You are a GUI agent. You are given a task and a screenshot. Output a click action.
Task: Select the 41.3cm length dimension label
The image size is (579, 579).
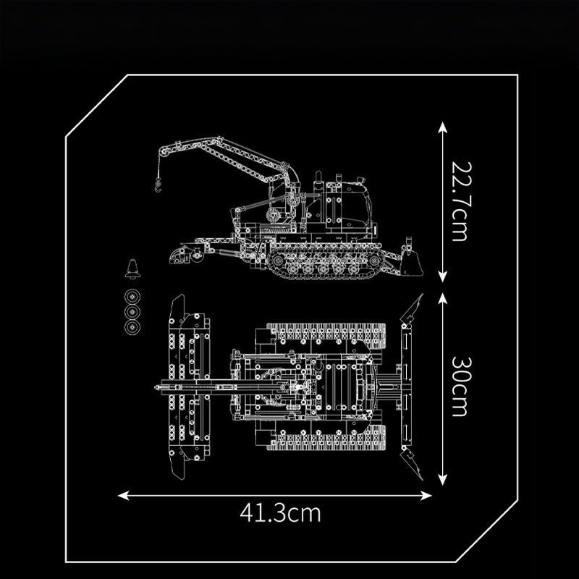(x=280, y=512)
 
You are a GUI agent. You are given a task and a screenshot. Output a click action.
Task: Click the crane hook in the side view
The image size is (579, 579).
(x=158, y=185)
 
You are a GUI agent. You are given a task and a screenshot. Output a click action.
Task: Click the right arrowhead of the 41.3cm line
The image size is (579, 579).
(x=426, y=496)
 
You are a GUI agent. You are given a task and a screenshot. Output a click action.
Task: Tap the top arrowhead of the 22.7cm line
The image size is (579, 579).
(x=442, y=128)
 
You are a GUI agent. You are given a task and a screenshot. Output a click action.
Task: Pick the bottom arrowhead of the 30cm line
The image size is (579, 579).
(x=442, y=479)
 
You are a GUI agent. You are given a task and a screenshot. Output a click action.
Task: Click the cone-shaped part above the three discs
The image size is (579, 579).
(x=132, y=269)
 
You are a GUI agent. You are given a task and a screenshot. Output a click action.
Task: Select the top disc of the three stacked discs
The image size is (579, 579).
(x=132, y=297)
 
